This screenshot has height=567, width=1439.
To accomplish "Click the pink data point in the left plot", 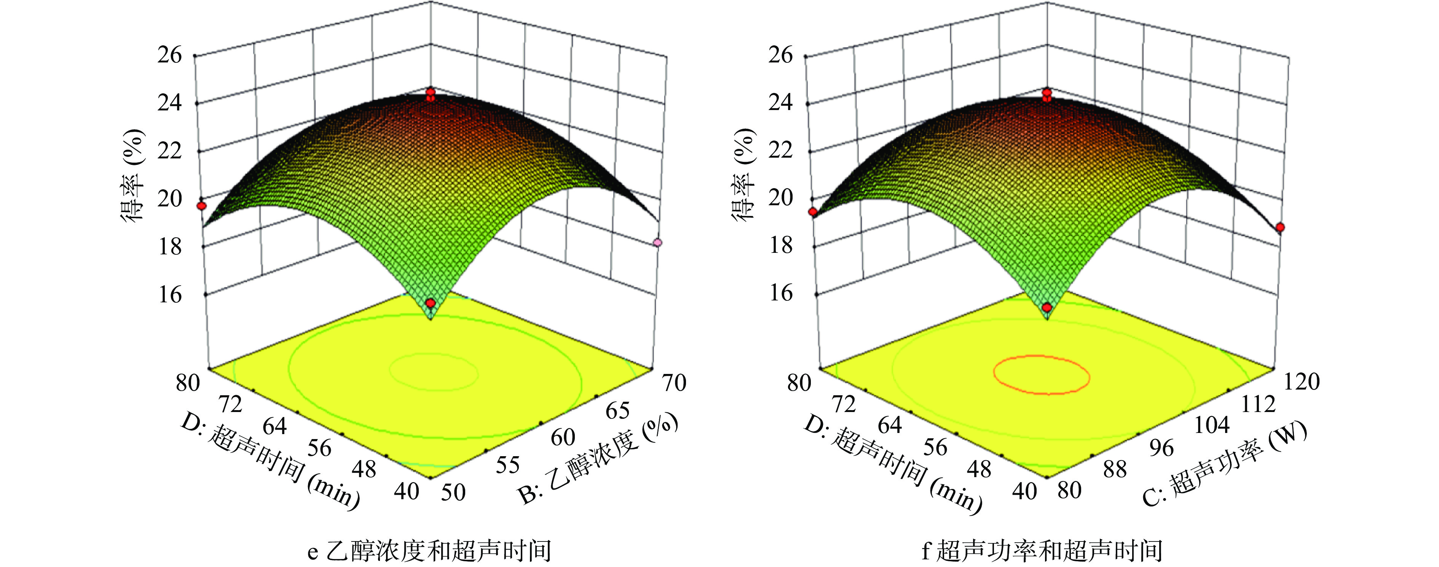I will (657, 242).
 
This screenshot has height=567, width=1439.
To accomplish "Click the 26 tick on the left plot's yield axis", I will (170, 55).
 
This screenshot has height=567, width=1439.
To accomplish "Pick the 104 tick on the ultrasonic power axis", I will (1212, 426).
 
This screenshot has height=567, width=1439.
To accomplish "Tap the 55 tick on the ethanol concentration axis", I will (508, 465).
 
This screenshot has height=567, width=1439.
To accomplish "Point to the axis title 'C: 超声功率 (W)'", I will (1224, 464).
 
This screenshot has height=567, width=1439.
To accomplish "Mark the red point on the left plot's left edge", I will (202, 206).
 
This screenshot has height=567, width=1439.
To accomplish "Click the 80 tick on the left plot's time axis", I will (188, 383).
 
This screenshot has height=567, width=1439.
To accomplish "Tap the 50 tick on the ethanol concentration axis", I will (453, 492).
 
